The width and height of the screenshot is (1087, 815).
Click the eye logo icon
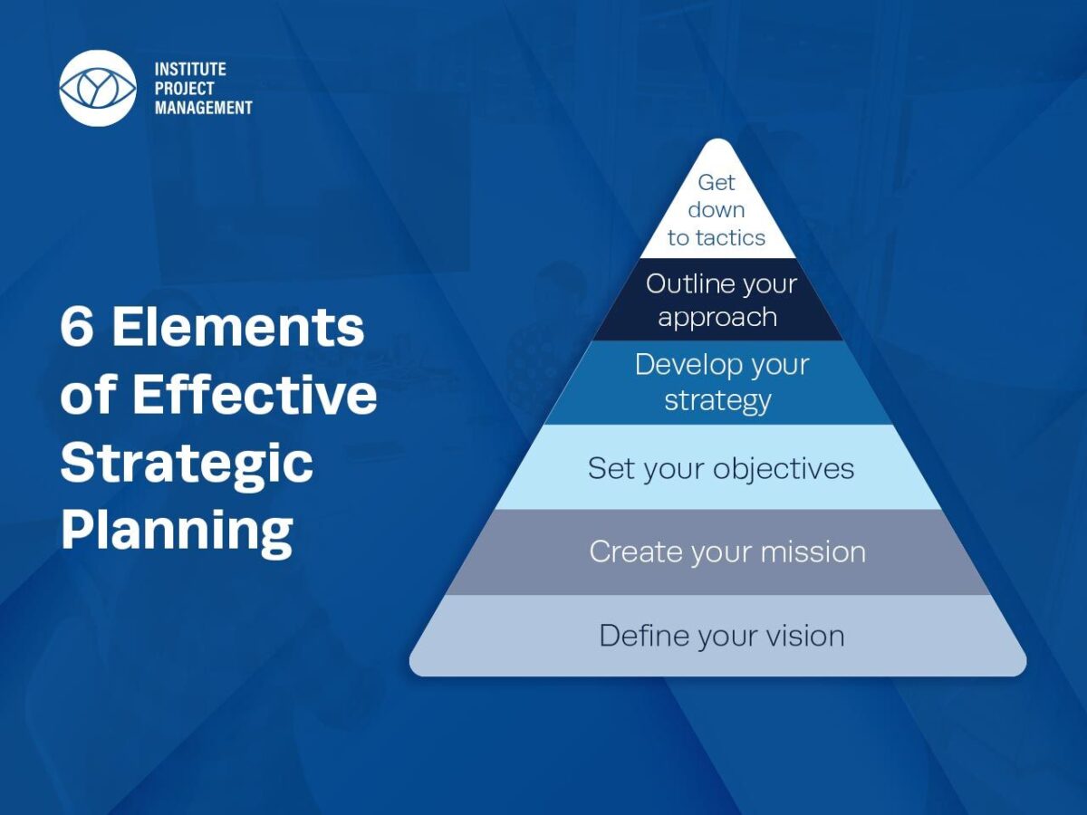(x=98, y=88)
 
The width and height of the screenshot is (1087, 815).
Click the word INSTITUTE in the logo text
(x=190, y=69)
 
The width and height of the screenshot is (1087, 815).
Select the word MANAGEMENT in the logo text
(x=204, y=107)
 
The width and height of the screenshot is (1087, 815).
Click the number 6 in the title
(x=77, y=328)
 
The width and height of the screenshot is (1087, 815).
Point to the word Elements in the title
(x=238, y=328)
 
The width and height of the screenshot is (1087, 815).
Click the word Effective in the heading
(x=255, y=396)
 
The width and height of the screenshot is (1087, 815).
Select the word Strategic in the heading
(x=187, y=463)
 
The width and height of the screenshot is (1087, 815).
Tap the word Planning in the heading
(x=177, y=530)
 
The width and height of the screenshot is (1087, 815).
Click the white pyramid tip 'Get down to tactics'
(x=717, y=213)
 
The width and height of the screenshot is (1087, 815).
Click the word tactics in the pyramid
(x=730, y=238)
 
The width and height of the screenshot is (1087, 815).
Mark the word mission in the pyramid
(x=813, y=551)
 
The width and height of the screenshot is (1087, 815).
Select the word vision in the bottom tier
(x=803, y=636)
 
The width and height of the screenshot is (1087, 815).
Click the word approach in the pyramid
(x=717, y=317)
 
